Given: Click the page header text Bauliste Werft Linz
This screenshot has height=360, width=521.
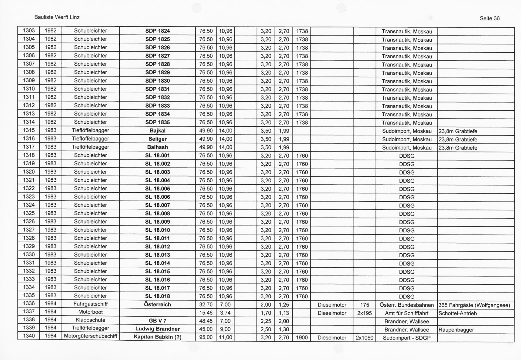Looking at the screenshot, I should pos(57,17).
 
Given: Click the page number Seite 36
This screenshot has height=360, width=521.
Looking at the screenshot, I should pos(489,18).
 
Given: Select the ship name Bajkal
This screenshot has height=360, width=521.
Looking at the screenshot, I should pos(157,131).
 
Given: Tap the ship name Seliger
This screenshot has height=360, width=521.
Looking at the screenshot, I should pos(157,139).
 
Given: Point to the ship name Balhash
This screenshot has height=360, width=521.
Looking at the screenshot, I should pos(157,147).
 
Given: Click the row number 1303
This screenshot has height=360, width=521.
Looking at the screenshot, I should pos(29,31).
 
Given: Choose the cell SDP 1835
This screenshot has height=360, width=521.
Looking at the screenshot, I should pos(157,122).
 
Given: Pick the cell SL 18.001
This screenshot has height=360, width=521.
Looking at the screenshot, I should pos(157,156).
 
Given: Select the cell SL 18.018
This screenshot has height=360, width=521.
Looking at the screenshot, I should pos(157,296).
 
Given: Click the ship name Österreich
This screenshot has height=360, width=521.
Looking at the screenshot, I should pos(157,305).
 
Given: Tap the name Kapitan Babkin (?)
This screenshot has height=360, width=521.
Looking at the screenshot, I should pos(157,337).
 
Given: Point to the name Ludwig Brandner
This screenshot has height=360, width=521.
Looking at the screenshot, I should pos(157,329).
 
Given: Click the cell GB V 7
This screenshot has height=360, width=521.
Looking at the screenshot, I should pos(157,321).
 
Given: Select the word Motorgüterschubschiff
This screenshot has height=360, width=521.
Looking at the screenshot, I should pos(90,336).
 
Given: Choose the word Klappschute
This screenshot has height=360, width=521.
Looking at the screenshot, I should pos(90,320).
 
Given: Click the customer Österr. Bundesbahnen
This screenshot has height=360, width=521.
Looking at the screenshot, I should pos(407,305).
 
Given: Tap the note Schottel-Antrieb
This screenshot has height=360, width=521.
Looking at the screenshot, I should pos(458,313).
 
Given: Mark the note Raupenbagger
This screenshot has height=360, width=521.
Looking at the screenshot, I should pos(456,330).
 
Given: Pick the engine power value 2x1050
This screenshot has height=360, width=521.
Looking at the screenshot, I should pos(365,338).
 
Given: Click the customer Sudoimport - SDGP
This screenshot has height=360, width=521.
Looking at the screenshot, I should pos(407,338).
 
